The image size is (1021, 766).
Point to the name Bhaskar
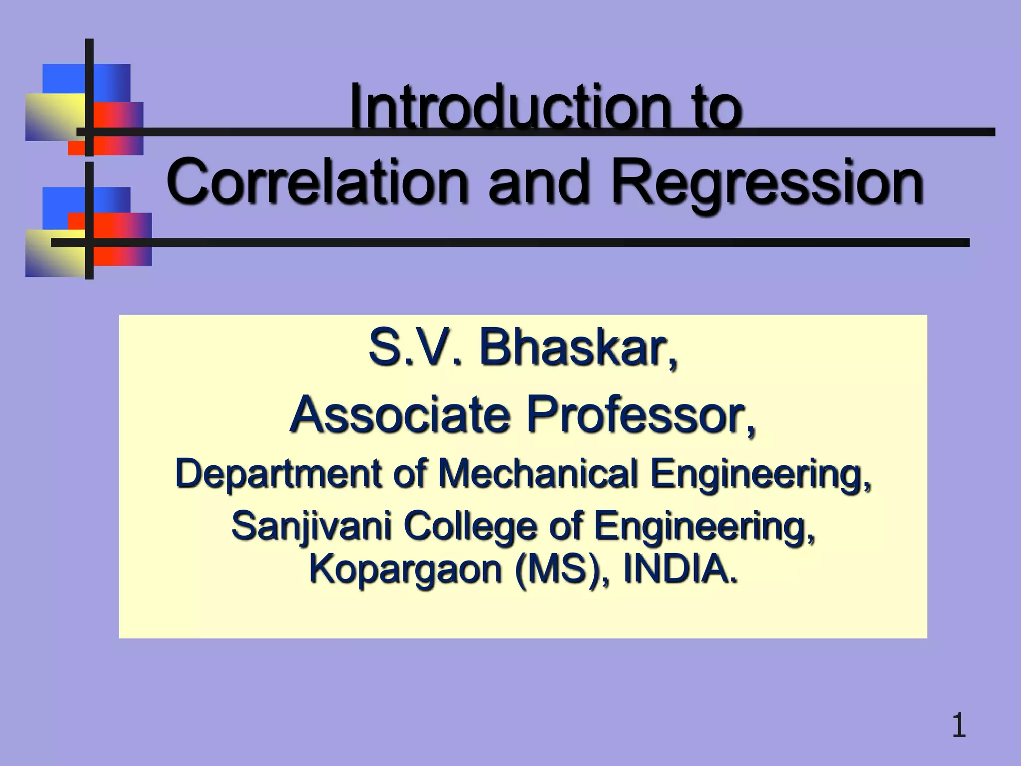(x=578, y=349)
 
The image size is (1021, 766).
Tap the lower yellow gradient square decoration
(x=55, y=253)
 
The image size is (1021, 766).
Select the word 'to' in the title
(x=720, y=107)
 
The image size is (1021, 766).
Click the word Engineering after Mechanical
(x=760, y=475)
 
